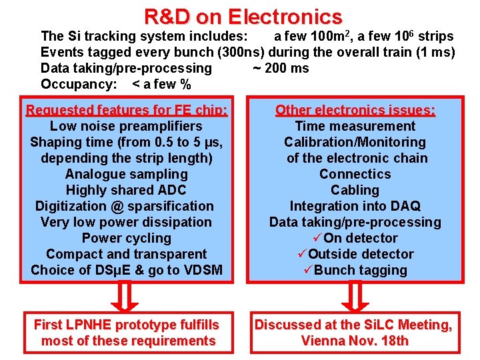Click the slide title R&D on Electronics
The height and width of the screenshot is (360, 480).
(x=243, y=16)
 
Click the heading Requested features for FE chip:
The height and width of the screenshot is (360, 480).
(x=127, y=110)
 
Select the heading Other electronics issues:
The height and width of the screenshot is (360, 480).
(x=355, y=110)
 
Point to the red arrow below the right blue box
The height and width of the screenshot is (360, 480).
(x=355, y=296)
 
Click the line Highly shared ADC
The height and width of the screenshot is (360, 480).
(x=126, y=190)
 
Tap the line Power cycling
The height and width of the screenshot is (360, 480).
(x=126, y=238)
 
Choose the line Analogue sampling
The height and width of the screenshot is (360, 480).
(x=126, y=174)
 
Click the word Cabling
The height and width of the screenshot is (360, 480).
(x=355, y=190)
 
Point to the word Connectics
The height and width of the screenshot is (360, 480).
(x=355, y=174)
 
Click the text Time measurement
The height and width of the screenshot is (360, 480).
(x=355, y=126)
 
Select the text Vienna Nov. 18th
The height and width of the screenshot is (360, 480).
(x=355, y=341)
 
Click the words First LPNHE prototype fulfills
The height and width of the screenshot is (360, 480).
(x=126, y=325)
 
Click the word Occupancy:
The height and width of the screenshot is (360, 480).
(x=79, y=84)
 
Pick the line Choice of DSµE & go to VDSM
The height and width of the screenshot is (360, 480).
(x=126, y=270)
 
